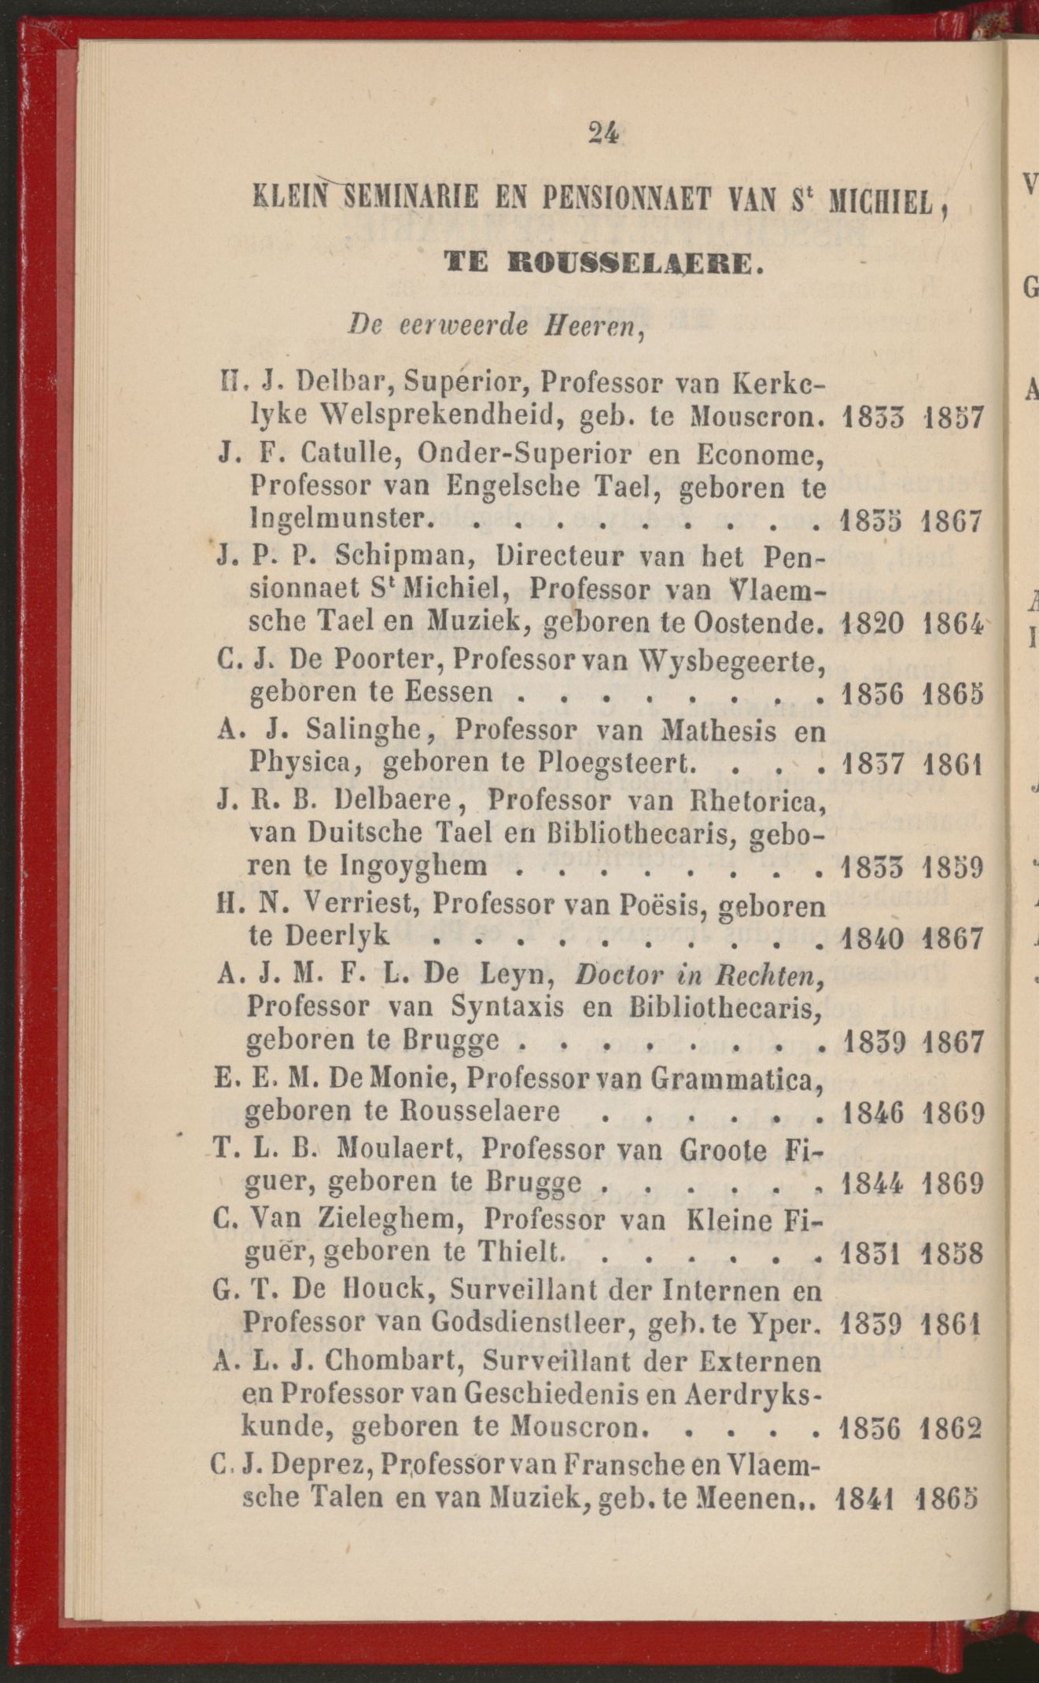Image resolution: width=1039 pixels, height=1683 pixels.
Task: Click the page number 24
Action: click(603, 134)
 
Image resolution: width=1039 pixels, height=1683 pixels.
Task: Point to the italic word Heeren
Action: click(603, 326)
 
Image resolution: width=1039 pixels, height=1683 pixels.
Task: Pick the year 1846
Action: click(872, 1113)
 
